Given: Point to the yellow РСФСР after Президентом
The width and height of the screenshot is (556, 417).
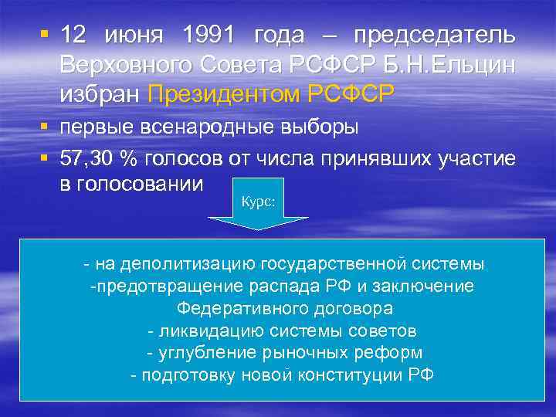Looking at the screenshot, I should [x=351, y=93].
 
